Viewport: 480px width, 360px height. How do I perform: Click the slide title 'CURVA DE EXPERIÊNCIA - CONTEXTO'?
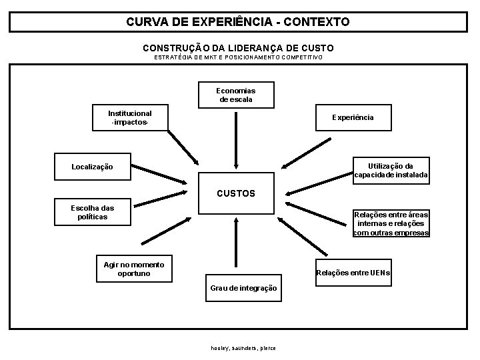[x=238, y=22]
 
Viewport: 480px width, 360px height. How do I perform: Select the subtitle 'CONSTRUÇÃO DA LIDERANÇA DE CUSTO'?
[x=238, y=48]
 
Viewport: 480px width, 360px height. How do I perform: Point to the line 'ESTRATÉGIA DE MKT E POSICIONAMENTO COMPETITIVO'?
[x=238, y=57]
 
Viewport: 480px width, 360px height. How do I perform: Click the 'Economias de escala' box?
[x=236, y=95]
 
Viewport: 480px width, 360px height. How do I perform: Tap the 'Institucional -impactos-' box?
[x=130, y=118]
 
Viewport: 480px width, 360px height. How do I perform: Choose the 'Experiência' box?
[x=353, y=117]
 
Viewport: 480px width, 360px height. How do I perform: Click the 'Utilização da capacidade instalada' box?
[x=391, y=171]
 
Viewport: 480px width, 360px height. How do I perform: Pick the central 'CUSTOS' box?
[x=236, y=194]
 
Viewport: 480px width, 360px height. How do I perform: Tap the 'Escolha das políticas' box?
[x=93, y=213]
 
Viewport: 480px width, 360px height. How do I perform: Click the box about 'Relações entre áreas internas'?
[x=391, y=224]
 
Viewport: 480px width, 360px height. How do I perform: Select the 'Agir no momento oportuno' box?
[x=133, y=269]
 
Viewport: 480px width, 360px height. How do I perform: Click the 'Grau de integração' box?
[x=243, y=288]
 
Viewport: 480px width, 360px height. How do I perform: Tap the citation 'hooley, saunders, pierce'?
[x=243, y=348]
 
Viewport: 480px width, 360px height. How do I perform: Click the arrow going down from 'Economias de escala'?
[x=236, y=140]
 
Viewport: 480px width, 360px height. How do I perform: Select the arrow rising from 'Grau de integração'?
[x=236, y=243]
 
